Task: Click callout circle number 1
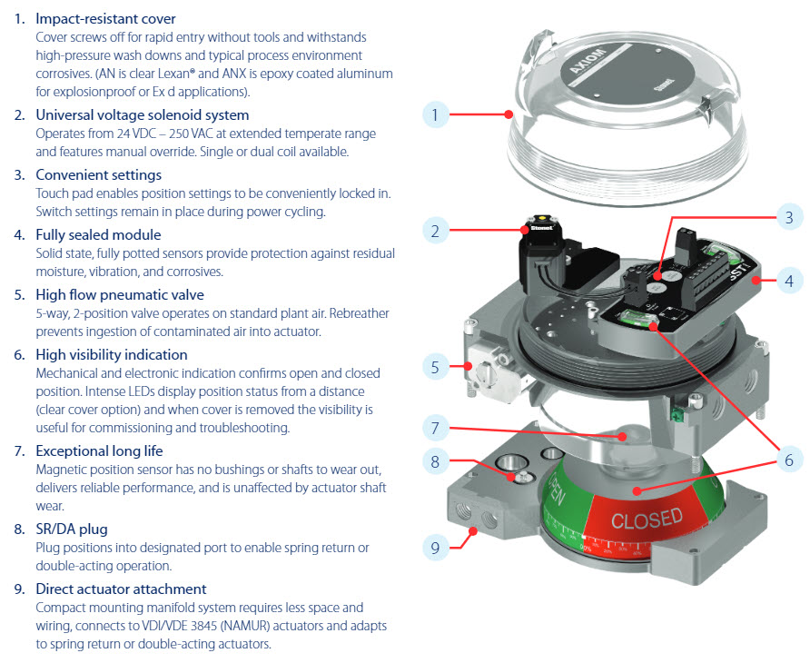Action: tap(436, 115)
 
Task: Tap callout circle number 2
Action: tap(436, 231)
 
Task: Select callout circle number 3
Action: tap(789, 217)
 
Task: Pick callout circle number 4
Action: tap(789, 282)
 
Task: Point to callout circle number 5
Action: tap(436, 368)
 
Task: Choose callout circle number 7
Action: tap(436, 426)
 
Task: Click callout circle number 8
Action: tap(436, 461)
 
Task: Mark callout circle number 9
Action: tap(436, 547)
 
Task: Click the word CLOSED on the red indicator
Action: tap(647, 520)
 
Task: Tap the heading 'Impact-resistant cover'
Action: tap(105, 18)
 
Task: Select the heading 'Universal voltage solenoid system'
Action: tap(142, 115)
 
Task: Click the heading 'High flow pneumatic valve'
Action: tap(120, 294)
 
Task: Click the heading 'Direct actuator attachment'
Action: tap(121, 589)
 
